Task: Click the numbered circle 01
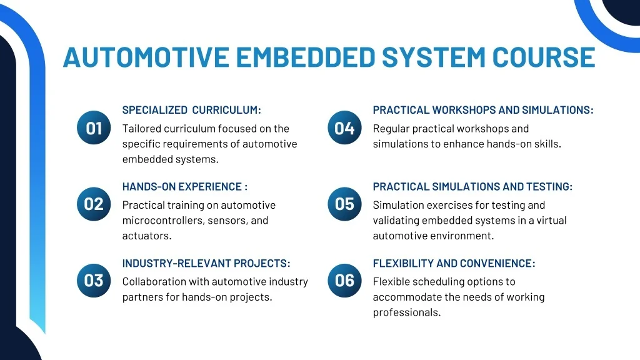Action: [94, 127]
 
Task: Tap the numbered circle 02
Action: [94, 204]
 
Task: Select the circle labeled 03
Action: [94, 281]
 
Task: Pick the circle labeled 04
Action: [344, 127]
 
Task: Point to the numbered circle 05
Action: [344, 204]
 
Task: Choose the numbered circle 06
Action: [344, 281]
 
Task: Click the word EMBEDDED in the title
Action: [306, 57]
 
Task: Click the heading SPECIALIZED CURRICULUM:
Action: [191, 110]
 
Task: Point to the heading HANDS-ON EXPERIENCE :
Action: [185, 186]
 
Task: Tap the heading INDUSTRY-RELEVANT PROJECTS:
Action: [206, 263]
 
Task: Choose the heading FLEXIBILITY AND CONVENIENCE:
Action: [454, 263]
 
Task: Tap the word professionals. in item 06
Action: [407, 312]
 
